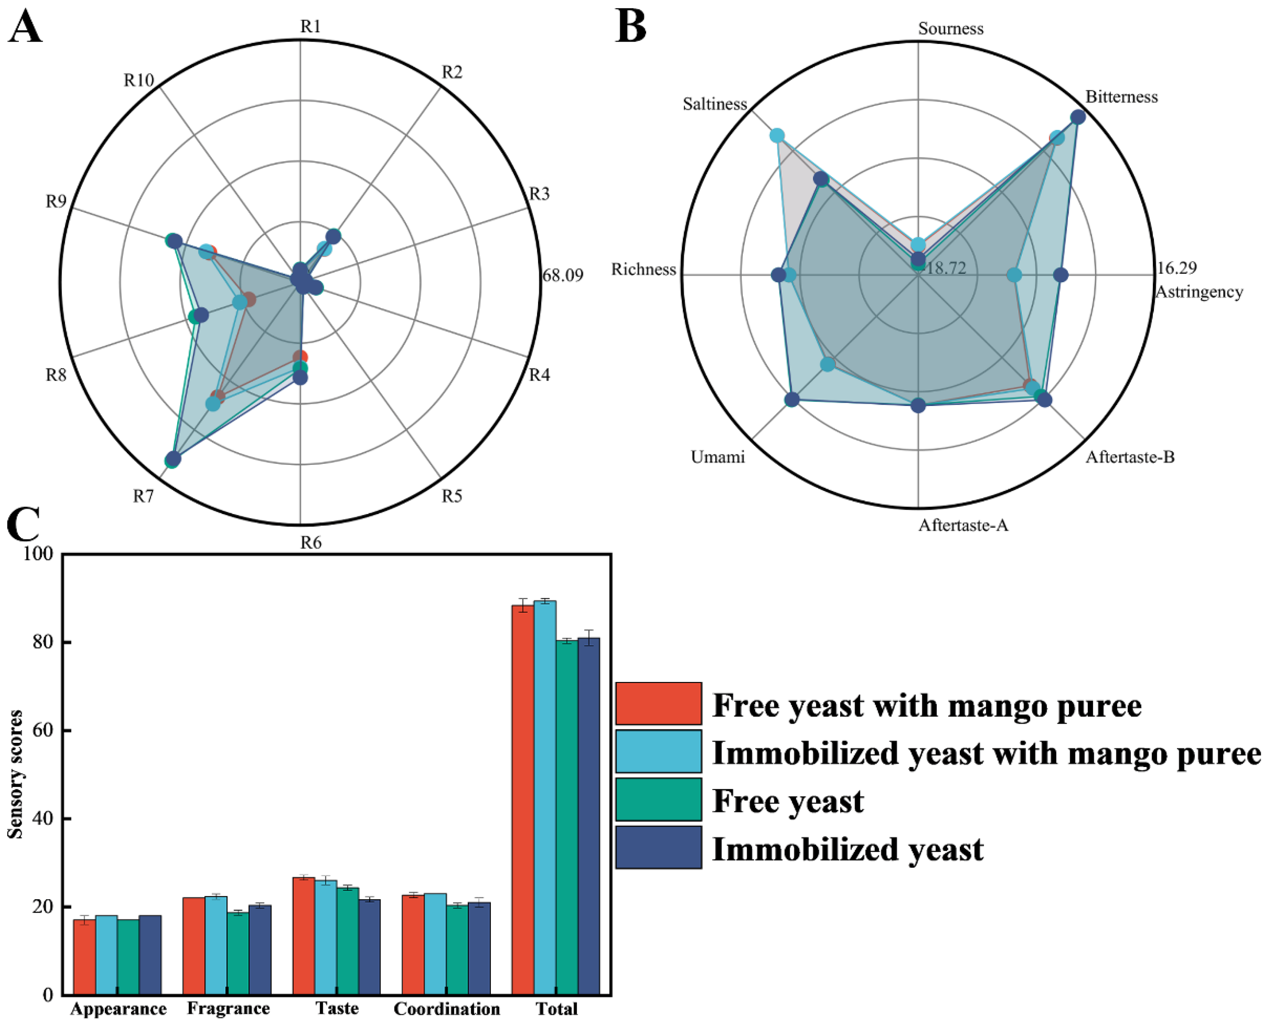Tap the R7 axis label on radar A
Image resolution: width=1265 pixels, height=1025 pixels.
click(x=143, y=496)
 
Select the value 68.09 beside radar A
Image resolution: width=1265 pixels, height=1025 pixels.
click(x=563, y=275)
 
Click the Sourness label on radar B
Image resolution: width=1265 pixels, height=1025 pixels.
click(x=950, y=28)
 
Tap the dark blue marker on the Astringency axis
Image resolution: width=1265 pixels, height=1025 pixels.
click(x=1061, y=275)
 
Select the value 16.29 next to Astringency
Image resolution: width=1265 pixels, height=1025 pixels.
click(x=1176, y=268)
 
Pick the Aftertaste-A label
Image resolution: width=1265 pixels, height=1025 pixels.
click(x=963, y=525)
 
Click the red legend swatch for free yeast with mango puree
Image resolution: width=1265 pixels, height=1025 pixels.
click(x=658, y=703)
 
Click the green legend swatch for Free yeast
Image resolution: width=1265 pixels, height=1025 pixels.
click(x=658, y=799)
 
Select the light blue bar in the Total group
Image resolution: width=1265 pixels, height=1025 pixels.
click(x=544, y=797)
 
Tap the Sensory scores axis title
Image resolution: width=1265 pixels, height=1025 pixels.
click(x=15, y=774)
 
